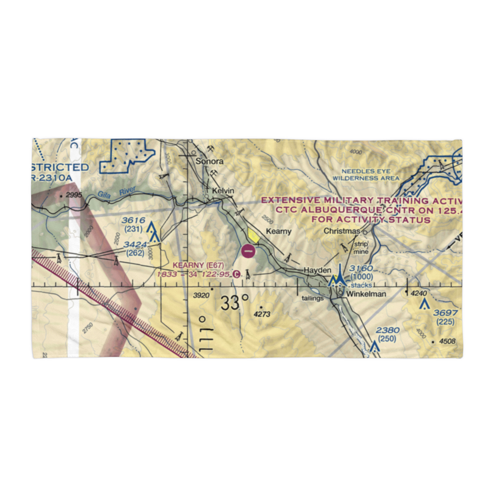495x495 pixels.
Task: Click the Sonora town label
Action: (209, 161)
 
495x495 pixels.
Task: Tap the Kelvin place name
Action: (222, 191)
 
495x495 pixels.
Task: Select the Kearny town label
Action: (279, 231)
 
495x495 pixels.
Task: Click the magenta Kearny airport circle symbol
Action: (248, 251)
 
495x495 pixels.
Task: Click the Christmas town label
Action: (342, 231)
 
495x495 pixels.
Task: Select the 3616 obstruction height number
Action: (133, 220)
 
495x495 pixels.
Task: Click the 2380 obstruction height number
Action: (387, 330)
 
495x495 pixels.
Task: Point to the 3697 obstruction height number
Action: (443, 313)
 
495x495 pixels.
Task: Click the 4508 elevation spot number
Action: (448, 341)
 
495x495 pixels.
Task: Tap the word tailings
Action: (313, 298)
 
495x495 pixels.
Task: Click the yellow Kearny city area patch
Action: (253, 235)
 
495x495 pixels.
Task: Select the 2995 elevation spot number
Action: (73, 196)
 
